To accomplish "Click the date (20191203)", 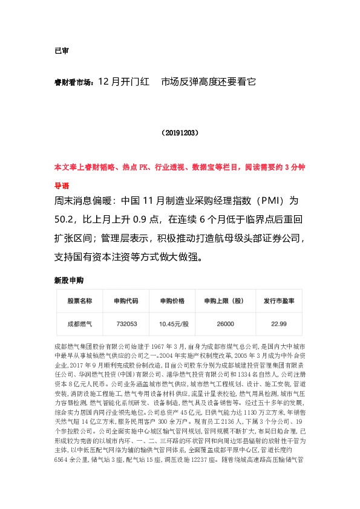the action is (x=180, y=131).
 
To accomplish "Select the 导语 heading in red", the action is (x=62, y=185).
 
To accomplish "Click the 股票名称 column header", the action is (x=80, y=300).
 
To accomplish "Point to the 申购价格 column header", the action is (x=172, y=300).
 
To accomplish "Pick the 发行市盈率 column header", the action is (x=278, y=300).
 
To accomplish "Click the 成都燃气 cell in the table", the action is (x=80, y=324).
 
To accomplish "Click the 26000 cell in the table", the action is (x=225, y=324).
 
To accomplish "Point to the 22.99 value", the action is (x=278, y=324).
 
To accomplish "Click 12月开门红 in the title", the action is (x=123, y=80).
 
